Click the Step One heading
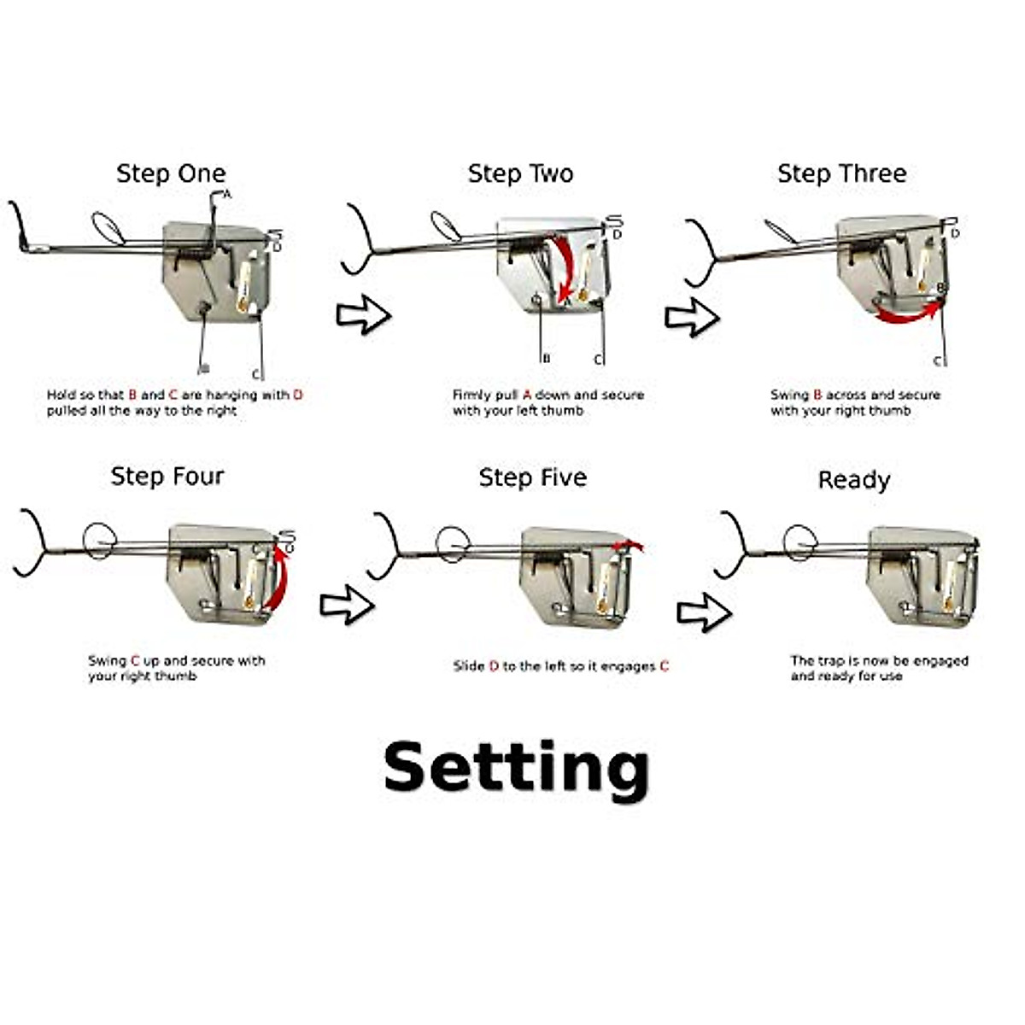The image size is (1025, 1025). pos(171,173)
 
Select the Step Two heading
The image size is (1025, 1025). pos(520,173)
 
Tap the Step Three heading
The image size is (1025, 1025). pos(841,173)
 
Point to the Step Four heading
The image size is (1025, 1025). pos(167,476)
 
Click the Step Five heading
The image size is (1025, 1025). pos(532,477)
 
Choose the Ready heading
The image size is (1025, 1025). pos(853,480)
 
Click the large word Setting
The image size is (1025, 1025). pos(516,768)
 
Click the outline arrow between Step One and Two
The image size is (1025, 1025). pos(363,315)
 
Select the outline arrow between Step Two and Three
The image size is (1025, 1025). pos(692,317)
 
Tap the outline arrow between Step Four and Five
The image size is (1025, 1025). pos(347,605)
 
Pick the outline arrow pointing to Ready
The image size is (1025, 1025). pos(704,612)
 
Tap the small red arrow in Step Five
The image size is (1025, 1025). pos(630,545)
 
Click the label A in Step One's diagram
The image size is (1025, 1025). pos(227,195)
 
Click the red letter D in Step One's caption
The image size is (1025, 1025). pos(298,395)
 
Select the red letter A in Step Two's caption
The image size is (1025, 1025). pos(527,395)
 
